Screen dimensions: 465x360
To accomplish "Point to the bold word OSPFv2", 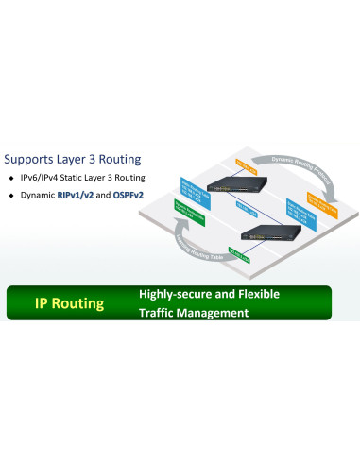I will pyautogui.click(x=132, y=195).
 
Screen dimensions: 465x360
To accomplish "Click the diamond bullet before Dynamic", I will pyautogui.click(x=11, y=195).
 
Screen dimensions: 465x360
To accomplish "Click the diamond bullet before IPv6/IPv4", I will pyautogui.click(x=11, y=177).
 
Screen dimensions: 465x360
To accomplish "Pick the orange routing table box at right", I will pyautogui.click(x=320, y=200).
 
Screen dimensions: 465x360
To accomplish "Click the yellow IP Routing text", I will pyautogui.click(x=69, y=303).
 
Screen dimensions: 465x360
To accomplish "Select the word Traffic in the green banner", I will pyautogui.click(x=159, y=313).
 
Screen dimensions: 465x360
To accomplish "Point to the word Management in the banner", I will pyautogui.click(x=219, y=313).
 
